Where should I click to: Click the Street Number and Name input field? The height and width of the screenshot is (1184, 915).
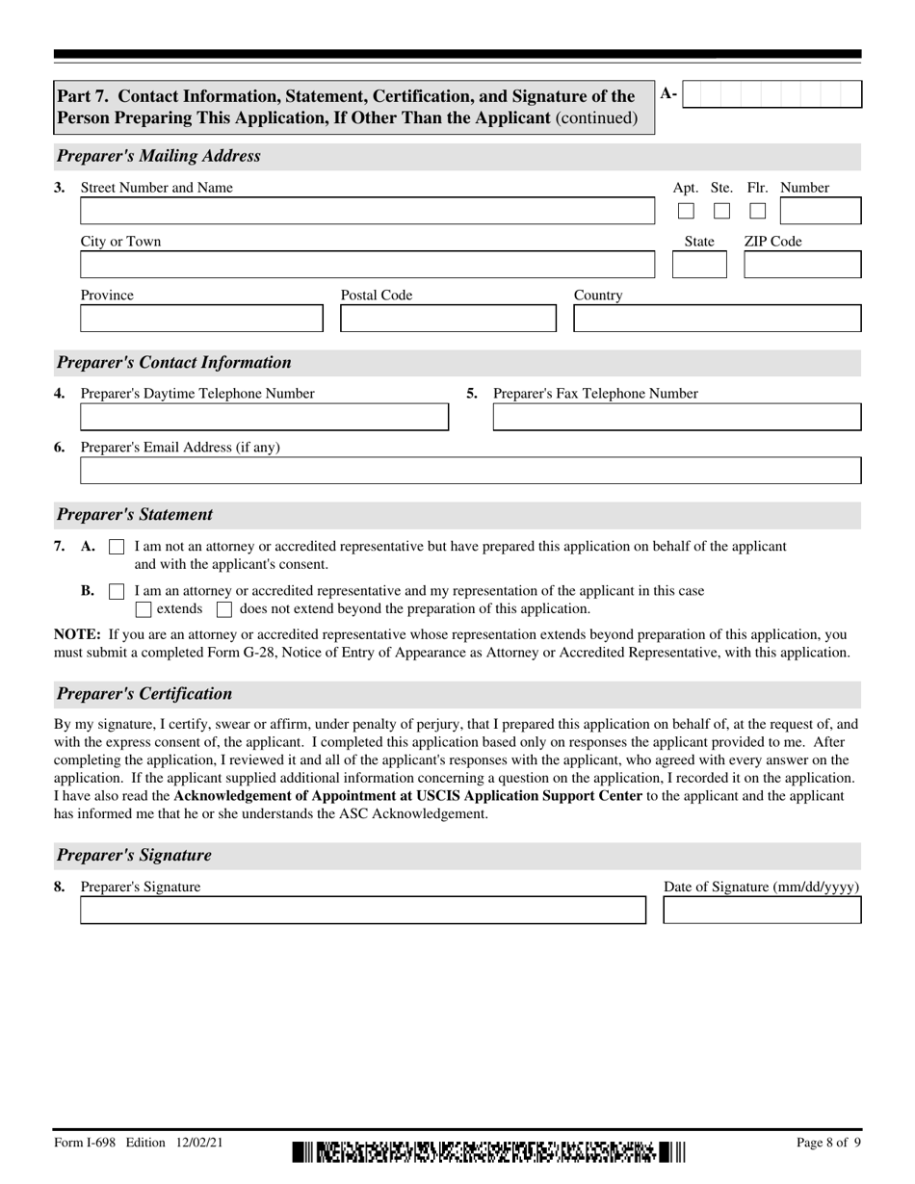pyautogui.click(x=366, y=211)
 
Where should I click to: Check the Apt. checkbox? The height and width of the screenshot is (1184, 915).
pyautogui.click(x=686, y=211)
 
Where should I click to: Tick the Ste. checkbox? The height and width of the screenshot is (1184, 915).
pyautogui.click(x=721, y=211)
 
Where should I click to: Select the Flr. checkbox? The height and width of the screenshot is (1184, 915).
pyautogui.click(x=758, y=211)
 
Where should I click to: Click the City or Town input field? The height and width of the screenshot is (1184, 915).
pyautogui.click(x=366, y=265)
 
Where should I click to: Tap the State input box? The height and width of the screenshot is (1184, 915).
pyautogui.click(x=699, y=265)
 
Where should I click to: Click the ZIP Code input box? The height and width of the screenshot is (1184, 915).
pyautogui.click(x=802, y=265)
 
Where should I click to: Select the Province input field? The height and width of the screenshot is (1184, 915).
pyautogui.click(x=201, y=319)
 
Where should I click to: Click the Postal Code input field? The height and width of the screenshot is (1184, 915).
pyautogui.click(x=448, y=319)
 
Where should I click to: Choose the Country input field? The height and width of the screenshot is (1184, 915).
pyautogui.click(x=718, y=319)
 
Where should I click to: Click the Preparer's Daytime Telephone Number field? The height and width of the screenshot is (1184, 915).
pyautogui.click(x=264, y=417)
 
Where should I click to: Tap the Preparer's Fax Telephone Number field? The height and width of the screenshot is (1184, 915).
pyautogui.click(x=677, y=417)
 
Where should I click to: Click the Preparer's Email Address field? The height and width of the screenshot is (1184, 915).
pyautogui.click(x=470, y=471)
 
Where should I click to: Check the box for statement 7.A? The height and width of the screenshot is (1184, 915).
pyautogui.click(x=117, y=547)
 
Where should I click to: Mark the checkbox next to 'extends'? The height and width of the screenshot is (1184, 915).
pyautogui.click(x=144, y=609)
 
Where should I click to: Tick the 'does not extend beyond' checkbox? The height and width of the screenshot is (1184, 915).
pyautogui.click(x=224, y=609)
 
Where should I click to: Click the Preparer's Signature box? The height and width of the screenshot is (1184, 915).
pyautogui.click(x=362, y=911)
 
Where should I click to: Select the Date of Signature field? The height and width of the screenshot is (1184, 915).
pyautogui.click(x=762, y=911)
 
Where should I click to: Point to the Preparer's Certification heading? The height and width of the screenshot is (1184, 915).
pyautogui.click(x=144, y=694)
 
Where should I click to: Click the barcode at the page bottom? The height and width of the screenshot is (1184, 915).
pyautogui.click(x=488, y=1151)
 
